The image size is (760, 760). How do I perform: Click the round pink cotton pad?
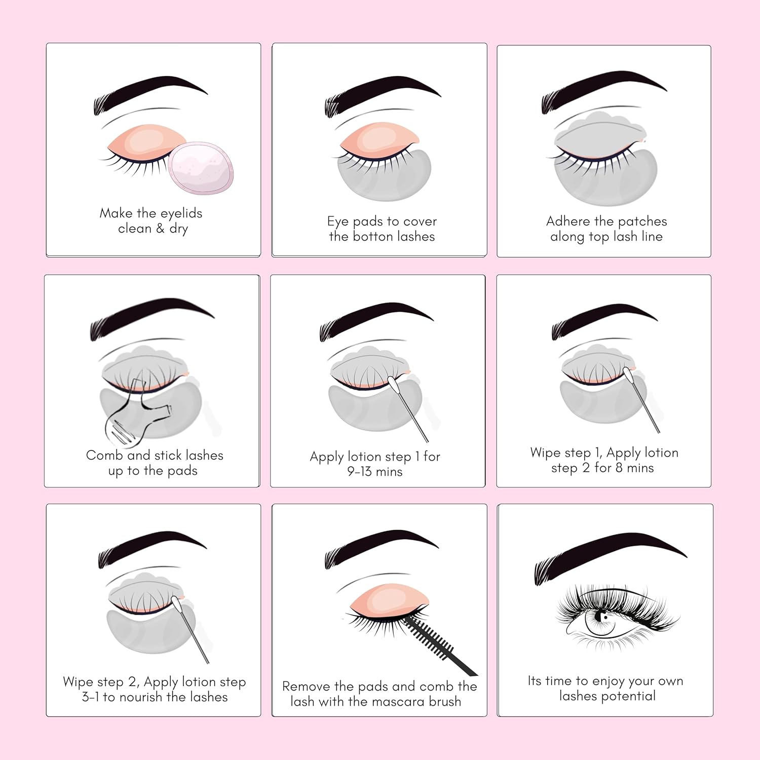201,168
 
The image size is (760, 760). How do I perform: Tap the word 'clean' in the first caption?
135,229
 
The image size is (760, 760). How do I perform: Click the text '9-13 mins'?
375,472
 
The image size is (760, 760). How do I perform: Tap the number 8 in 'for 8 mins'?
619,468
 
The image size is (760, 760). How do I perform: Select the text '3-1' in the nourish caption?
91,697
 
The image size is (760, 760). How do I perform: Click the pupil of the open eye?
603,616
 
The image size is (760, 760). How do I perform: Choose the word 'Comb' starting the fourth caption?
104,455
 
